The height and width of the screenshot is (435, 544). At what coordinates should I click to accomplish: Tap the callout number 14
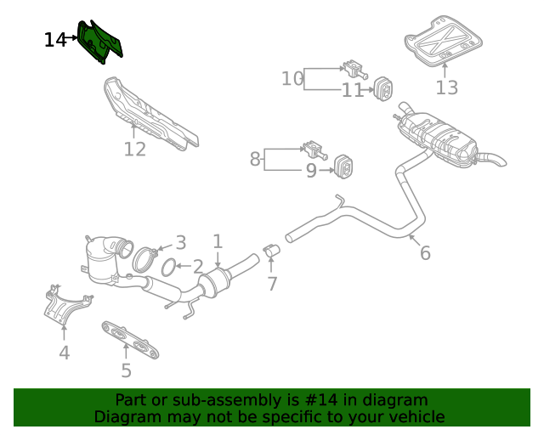55,40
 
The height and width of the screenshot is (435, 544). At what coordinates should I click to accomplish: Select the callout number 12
134,150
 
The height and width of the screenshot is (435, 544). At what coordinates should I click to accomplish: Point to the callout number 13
446,88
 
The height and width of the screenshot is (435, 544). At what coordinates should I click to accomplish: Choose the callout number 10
292,79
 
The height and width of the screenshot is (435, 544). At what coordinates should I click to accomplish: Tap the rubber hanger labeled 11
382,87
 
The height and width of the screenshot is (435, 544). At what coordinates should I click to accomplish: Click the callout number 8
254,158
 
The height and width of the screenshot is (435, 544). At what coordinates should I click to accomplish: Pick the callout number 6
425,252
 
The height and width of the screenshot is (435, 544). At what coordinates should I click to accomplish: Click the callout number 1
218,241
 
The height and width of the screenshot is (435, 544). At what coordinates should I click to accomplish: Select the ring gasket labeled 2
170,268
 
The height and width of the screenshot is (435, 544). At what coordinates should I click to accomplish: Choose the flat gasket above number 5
131,340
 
